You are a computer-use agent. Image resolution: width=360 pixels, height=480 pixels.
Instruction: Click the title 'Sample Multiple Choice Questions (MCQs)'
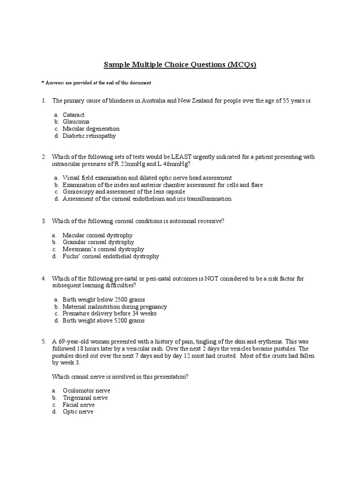(x=180, y=65)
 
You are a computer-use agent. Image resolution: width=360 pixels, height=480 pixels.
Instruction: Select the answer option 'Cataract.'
(x=75, y=114)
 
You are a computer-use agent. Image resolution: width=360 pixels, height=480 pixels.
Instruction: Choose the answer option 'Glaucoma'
(x=76, y=121)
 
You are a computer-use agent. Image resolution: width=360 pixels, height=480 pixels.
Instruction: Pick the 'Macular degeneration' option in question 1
(x=91, y=128)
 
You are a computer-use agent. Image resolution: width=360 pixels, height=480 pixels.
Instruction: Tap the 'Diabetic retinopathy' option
(x=89, y=136)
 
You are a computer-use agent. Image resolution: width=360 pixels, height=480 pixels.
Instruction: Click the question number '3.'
(x=44, y=220)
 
